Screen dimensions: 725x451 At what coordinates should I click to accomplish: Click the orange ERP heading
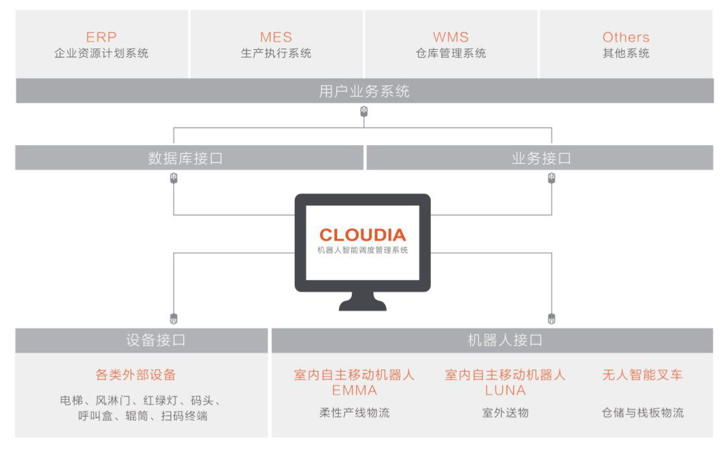tap(101, 37)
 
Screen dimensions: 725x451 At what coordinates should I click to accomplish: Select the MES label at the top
tap(276, 37)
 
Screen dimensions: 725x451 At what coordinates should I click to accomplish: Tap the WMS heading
tap(451, 37)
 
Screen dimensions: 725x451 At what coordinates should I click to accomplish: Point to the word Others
tap(626, 37)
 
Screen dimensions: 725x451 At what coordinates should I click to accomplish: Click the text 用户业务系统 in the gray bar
tap(365, 91)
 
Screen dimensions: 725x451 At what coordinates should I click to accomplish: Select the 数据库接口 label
tap(185, 159)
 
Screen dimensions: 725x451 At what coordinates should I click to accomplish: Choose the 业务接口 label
tap(541, 159)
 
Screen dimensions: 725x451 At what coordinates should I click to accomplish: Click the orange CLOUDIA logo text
tap(362, 235)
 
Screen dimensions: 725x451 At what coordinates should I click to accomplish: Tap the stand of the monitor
tap(362, 301)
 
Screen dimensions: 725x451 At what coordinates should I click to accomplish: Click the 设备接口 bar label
tap(155, 340)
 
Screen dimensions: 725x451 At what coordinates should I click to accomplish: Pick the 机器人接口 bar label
tap(505, 340)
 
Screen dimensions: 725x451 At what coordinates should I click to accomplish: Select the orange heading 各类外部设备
tap(136, 374)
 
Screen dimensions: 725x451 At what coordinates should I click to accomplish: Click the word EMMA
tap(354, 391)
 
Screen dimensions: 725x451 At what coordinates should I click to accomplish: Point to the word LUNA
tap(505, 391)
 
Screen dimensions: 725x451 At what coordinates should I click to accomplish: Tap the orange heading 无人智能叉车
tap(642, 374)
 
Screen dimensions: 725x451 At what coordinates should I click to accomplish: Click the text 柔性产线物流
tap(354, 413)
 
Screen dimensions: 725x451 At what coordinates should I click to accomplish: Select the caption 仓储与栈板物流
tap(642, 413)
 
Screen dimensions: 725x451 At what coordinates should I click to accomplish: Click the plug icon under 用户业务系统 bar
tap(364, 112)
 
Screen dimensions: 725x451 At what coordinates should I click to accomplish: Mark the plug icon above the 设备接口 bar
tap(174, 319)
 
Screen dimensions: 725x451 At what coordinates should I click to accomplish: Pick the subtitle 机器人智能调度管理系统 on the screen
tap(362, 251)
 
